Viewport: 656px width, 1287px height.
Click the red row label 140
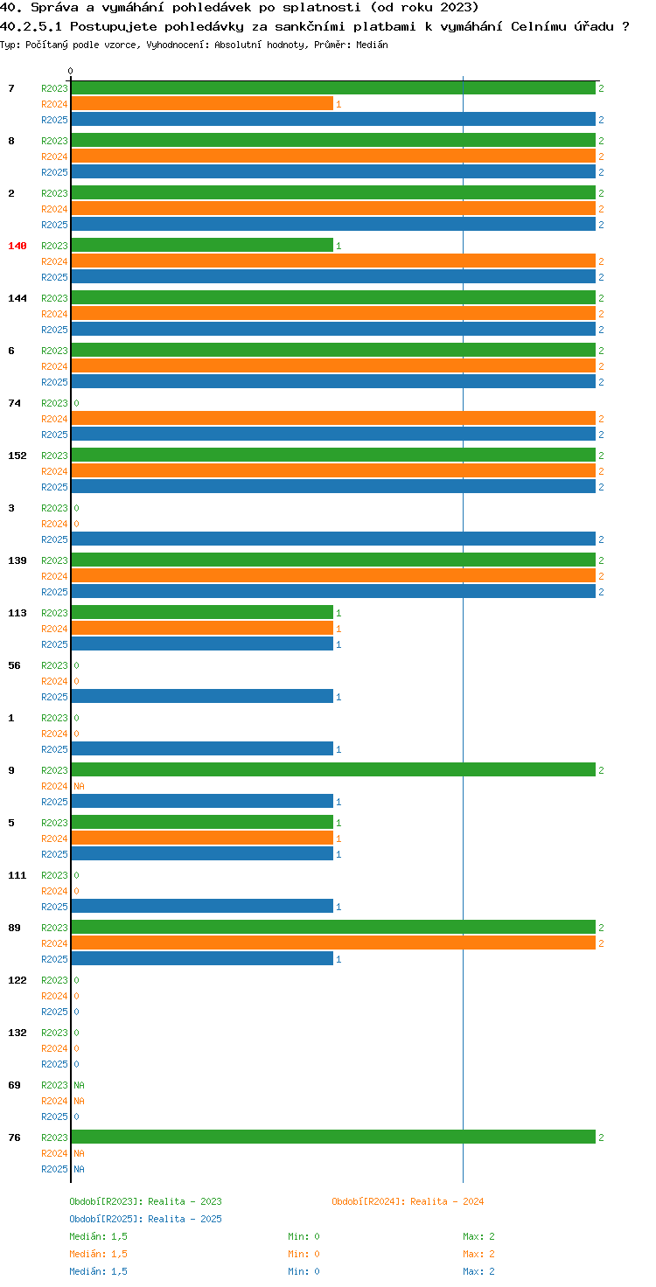pos(17,246)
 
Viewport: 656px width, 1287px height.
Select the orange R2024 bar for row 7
pos(202,103)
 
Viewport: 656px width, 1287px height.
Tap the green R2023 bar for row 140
pos(202,246)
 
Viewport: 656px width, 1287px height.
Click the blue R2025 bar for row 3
pos(333,539)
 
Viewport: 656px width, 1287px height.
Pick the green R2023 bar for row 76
pos(333,1137)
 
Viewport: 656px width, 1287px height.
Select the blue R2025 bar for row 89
pos(202,958)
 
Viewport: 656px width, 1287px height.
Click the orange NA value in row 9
pos(79,786)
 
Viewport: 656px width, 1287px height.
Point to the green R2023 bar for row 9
pos(333,769)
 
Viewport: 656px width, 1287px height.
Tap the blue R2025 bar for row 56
pos(202,696)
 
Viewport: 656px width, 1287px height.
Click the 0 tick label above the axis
pos(70,71)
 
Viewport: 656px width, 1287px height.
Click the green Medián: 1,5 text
pos(98,1236)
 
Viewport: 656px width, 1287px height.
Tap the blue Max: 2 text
pos(478,1271)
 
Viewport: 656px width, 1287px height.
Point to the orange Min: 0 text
pos(304,1254)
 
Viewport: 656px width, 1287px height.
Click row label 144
pos(17,298)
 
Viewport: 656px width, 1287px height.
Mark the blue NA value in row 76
pos(79,1169)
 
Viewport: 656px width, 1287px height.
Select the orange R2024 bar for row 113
pos(202,628)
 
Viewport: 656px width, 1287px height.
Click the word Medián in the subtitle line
pos(372,45)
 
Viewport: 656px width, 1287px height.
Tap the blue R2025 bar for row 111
pos(202,906)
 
